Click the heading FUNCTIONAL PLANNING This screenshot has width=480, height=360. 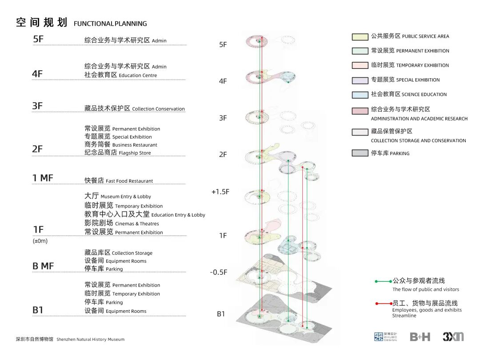pos(110,24)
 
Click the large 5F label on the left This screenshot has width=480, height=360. pos(38,39)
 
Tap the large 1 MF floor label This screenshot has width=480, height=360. pos(43,178)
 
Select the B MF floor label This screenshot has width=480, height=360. pos(43,266)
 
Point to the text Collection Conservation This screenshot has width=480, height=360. pos(158,109)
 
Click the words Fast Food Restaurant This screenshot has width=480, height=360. pos(129,181)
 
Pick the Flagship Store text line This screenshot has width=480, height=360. pos(135,153)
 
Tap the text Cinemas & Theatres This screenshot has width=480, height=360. pos(137,224)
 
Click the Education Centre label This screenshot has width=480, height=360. pos(138,76)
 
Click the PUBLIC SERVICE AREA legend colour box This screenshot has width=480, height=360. pos(360,36)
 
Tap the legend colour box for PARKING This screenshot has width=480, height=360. pos(360,153)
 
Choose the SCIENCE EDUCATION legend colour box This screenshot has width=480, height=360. pos(360,95)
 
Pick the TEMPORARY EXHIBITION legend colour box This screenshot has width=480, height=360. pos(360,65)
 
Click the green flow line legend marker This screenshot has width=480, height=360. pos(383,281)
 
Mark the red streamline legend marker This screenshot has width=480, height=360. pos(383,304)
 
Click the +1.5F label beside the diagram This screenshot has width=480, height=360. pos(220,192)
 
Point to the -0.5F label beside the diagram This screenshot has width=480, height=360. pos(218,272)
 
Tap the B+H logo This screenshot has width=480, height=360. pos(420,337)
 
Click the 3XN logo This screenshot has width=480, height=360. pos(453,337)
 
